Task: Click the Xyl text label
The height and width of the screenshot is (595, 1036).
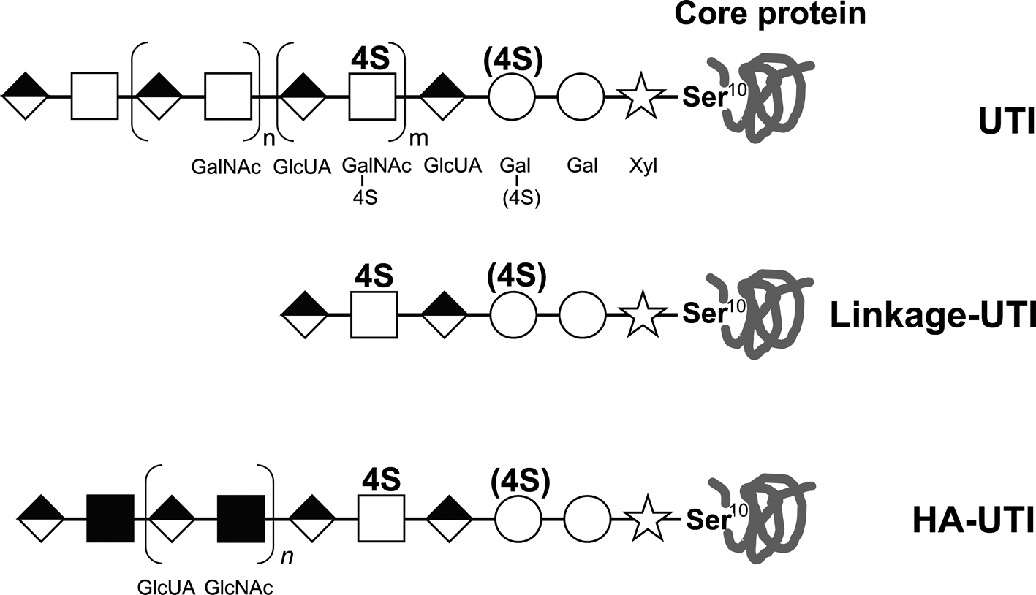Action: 643,166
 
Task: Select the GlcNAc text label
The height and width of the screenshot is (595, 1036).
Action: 239,587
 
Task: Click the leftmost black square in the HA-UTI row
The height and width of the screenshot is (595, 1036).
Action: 110,518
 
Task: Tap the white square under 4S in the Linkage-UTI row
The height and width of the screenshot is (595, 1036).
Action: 374,315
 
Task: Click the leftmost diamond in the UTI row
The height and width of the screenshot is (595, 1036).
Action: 26,96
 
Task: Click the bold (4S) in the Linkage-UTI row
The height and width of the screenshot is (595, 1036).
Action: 515,276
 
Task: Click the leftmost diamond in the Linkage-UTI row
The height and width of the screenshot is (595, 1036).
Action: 305,315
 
